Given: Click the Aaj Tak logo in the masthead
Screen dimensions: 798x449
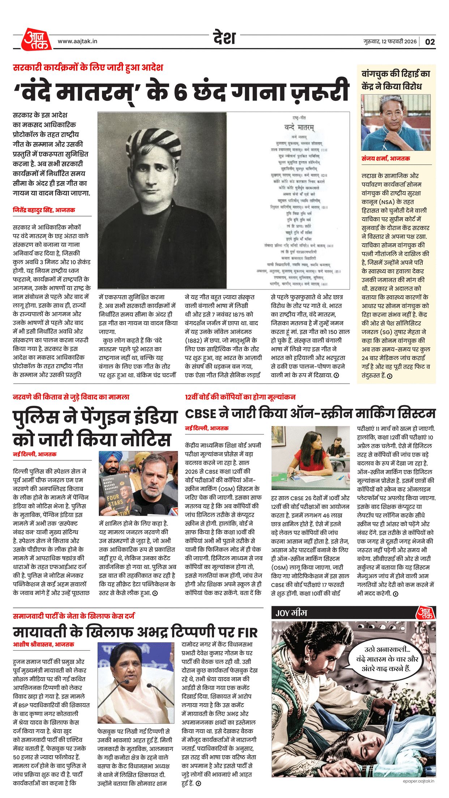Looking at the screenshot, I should click(x=36, y=39).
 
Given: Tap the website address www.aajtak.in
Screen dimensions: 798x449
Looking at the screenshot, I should click(x=77, y=42).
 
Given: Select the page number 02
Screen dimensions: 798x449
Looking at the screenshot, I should click(x=430, y=42).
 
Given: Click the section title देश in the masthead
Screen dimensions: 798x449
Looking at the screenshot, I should click(x=224, y=38).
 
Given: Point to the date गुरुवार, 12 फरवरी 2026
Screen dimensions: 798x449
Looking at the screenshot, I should click(x=390, y=42).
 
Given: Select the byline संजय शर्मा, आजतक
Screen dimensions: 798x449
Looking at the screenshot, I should click(x=386, y=159).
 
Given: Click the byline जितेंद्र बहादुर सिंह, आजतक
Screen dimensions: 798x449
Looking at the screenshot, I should click(x=44, y=210).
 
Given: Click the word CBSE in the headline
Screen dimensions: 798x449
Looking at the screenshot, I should click(x=201, y=414).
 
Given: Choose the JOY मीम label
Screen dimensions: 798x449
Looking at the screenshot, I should click(x=291, y=613).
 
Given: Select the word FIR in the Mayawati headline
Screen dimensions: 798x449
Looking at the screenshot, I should click(x=248, y=632).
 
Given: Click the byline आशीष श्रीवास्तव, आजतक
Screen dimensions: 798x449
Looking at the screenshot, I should click(x=44, y=644).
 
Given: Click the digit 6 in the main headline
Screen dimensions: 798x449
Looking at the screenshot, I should click(x=180, y=91).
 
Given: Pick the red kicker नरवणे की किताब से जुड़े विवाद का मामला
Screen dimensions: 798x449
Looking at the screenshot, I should click(x=71, y=397).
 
